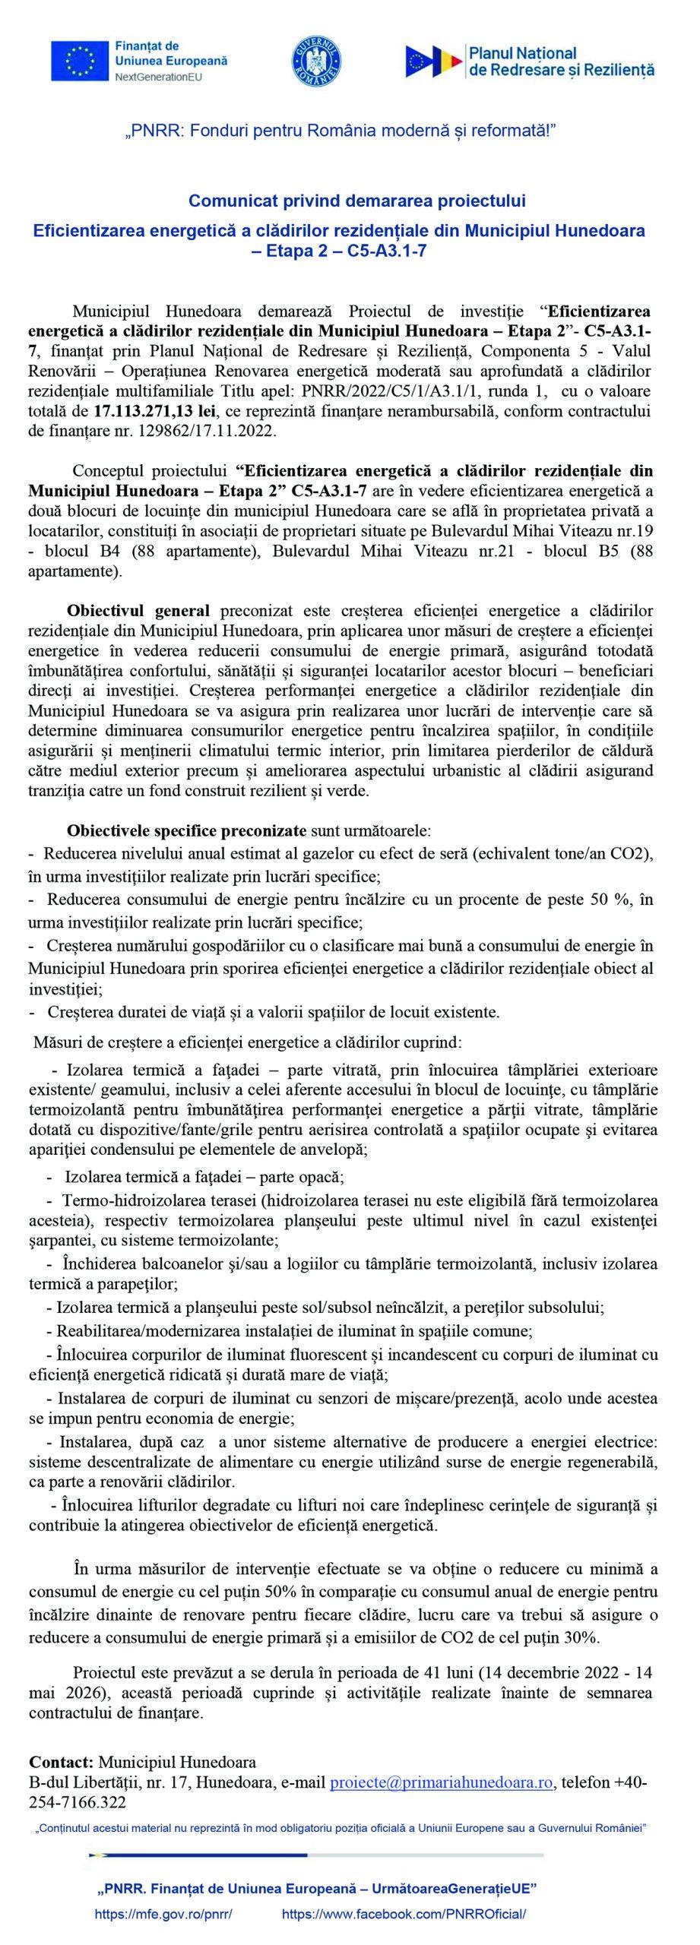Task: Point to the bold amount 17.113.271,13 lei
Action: pyautogui.click(x=154, y=413)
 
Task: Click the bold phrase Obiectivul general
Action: pyautogui.click(x=138, y=610)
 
